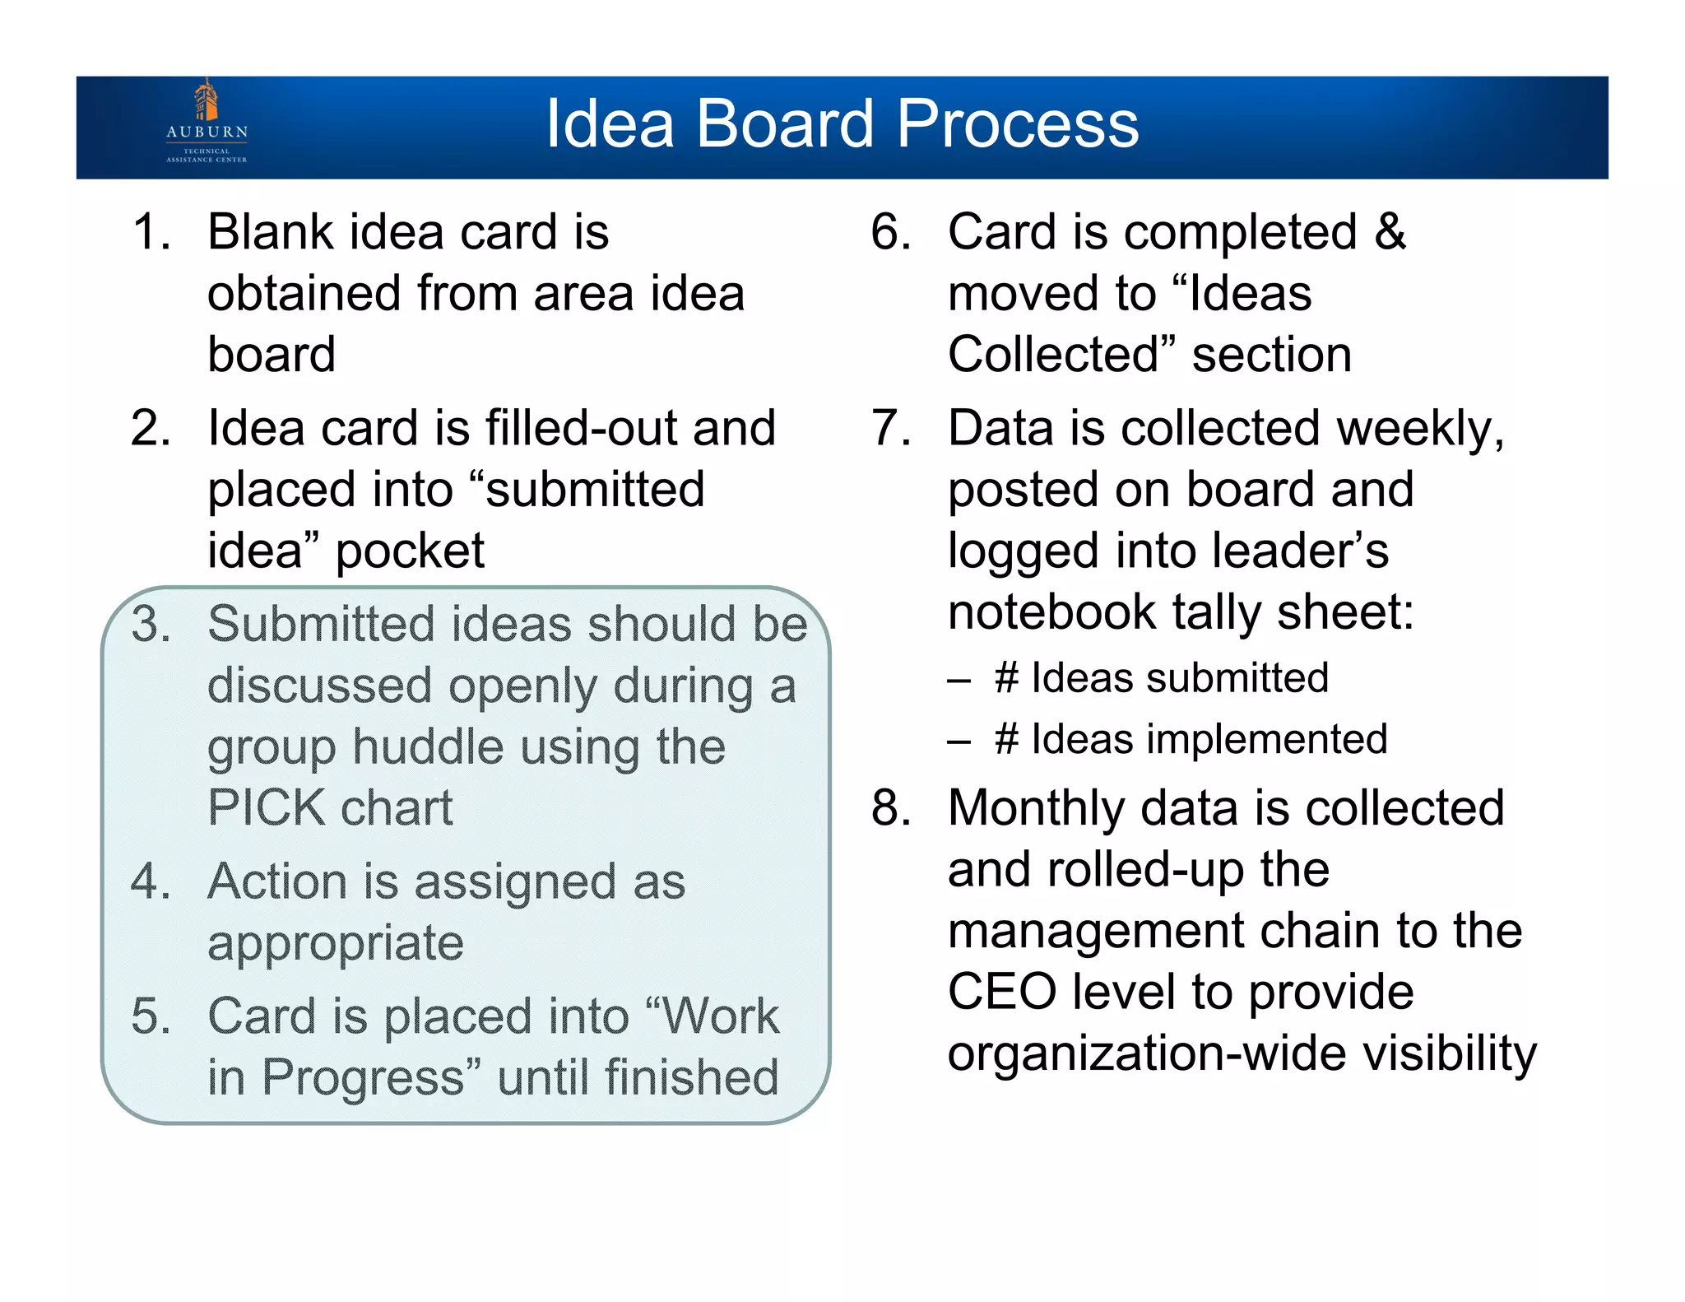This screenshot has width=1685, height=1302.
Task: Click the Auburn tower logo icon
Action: (x=206, y=100)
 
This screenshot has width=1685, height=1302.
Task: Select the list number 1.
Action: (x=151, y=232)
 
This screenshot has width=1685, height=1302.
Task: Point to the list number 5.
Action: (x=151, y=1016)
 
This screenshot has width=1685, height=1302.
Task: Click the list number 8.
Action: (x=890, y=808)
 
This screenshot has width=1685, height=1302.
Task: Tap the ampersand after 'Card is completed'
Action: (x=1390, y=232)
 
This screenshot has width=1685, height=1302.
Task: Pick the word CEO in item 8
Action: (x=1001, y=992)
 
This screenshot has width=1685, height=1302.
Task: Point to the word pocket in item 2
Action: (x=410, y=551)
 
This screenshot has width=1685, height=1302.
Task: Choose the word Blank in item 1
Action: (x=270, y=232)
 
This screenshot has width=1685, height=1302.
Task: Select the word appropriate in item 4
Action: (x=335, y=943)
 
